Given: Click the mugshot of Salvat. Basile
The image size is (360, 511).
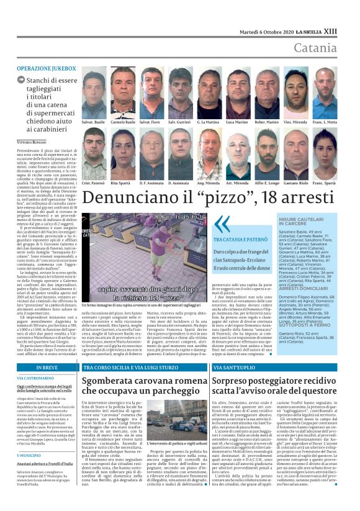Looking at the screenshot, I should pyautogui.click(x=94, y=93).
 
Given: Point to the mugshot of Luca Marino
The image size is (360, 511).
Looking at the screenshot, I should pyautogui.click(x=237, y=93).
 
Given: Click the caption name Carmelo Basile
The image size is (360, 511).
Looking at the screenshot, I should pyautogui.click(x=123, y=123).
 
